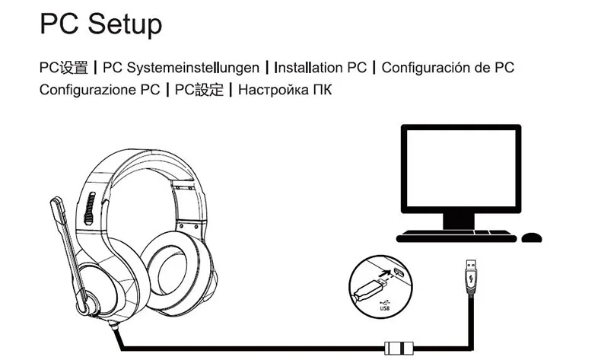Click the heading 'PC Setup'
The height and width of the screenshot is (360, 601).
[100, 24]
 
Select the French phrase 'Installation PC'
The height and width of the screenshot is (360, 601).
[320, 68]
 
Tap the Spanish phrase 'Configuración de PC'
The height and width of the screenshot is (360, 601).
[447, 68]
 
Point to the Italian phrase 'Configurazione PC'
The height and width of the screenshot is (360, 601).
[99, 90]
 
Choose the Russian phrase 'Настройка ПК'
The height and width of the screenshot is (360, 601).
[285, 90]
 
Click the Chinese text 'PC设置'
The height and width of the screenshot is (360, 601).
[63, 68]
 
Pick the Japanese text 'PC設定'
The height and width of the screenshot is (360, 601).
[199, 90]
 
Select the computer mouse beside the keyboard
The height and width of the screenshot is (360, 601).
[532, 237]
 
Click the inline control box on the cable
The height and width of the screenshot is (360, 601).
[400, 349]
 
